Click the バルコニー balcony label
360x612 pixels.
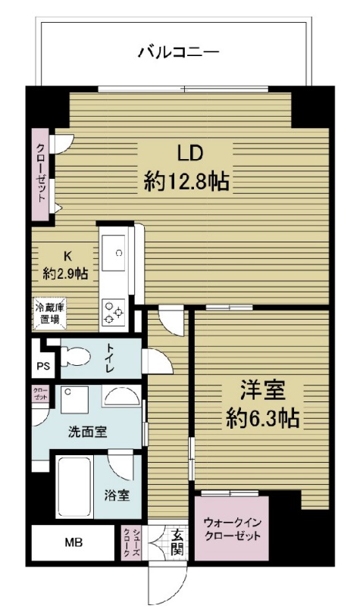tap(179, 52)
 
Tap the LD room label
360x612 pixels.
tap(189, 153)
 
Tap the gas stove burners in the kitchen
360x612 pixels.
tap(114, 313)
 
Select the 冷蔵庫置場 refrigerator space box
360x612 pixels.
tap(49, 314)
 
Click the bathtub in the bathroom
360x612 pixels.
tap(74, 488)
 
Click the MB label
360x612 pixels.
tap(74, 543)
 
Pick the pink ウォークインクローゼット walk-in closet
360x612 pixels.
tap(231, 527)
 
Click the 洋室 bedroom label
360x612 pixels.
tap(262, 392)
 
